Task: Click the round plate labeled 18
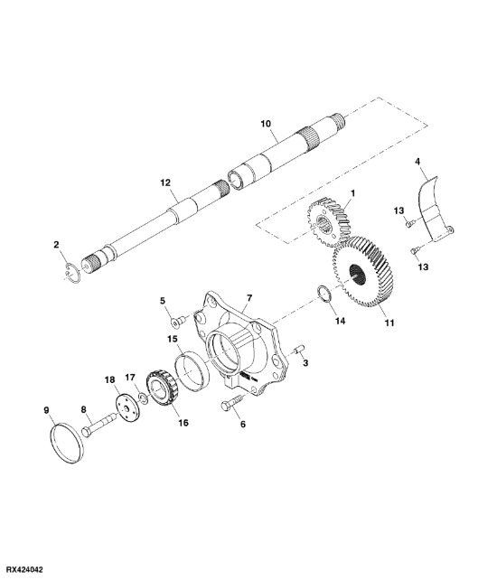coord(127,408)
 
